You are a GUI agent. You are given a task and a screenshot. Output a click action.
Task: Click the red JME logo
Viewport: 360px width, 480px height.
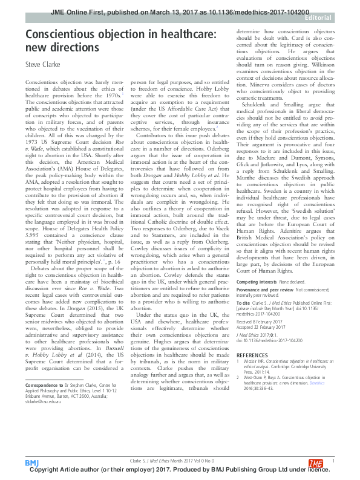316,462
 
